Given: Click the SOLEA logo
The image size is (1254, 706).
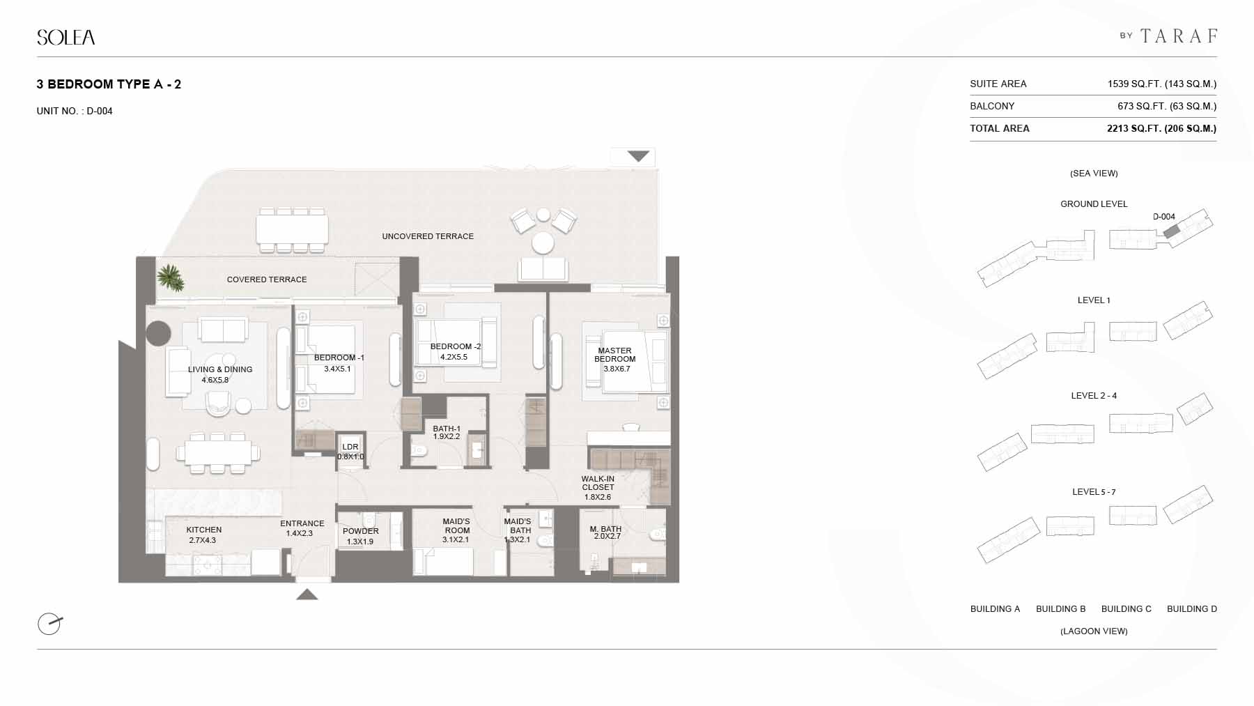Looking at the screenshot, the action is point(66,37).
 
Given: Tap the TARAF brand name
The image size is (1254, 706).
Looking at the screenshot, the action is point(1179,36).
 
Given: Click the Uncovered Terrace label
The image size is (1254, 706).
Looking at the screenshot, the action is point(428,236).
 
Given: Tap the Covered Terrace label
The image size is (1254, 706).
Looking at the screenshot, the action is point(267,279).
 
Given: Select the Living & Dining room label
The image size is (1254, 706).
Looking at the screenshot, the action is point(220,374).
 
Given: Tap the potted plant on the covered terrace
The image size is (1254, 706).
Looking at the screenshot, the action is point(170,278).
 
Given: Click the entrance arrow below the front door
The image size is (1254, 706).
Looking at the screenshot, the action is point(307,594).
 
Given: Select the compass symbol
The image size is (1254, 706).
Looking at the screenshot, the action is point(50,623).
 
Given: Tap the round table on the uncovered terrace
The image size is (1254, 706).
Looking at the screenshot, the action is point(543,243).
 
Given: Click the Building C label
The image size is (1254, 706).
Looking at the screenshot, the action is point(1126,609).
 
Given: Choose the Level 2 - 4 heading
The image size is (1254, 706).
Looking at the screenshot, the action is point(1094,396).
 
